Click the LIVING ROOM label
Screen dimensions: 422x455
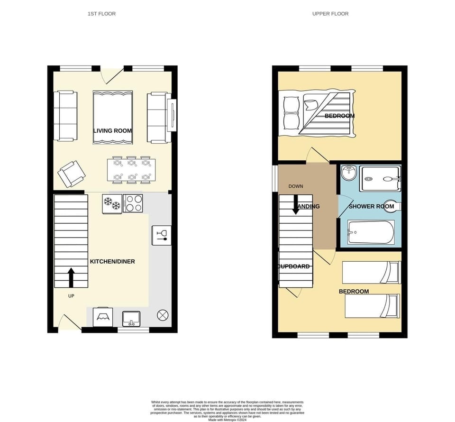112,131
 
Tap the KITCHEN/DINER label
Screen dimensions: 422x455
112,262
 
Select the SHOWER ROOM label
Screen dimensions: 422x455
371,206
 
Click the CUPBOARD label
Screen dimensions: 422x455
293,266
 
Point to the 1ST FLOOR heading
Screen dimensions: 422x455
101,14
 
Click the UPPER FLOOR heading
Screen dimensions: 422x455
330,14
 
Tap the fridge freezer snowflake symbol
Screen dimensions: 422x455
112,203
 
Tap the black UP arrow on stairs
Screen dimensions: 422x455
71,277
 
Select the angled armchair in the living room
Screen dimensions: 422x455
72,174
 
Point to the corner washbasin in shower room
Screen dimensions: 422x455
349,173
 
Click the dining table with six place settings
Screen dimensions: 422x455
131,170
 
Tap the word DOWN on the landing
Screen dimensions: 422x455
295,186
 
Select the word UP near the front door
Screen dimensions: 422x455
71,296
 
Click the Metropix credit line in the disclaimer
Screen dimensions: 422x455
227,420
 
